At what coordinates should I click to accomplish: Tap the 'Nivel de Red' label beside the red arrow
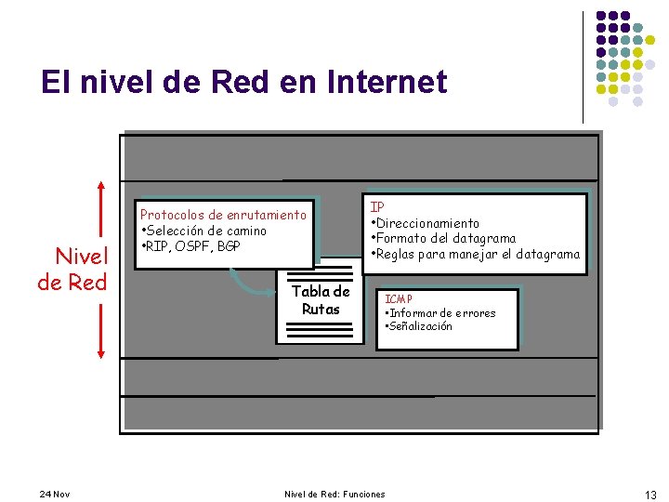(x=72, y=268)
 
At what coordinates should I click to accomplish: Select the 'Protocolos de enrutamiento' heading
(x=223, y=215)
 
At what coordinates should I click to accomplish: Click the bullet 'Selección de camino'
(x=205, y=231)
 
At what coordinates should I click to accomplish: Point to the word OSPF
(x=194, y=246)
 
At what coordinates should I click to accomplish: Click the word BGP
(x=229, y=246)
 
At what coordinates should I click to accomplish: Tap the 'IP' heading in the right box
(x=377, y=206)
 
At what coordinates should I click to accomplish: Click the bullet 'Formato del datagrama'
(x=444, y=238)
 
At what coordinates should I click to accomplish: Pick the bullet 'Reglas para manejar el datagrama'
(x=476, y=254)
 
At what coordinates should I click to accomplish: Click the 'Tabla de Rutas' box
(x=321, y=300)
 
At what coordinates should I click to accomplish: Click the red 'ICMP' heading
(x=399, y=298)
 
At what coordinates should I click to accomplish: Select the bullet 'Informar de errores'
(x=442, y=312)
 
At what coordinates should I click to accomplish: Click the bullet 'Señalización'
(x=420, y=326)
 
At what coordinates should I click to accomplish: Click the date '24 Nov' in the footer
(x=55, y=494)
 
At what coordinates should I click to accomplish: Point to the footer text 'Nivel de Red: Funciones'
(x=334, y=494)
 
